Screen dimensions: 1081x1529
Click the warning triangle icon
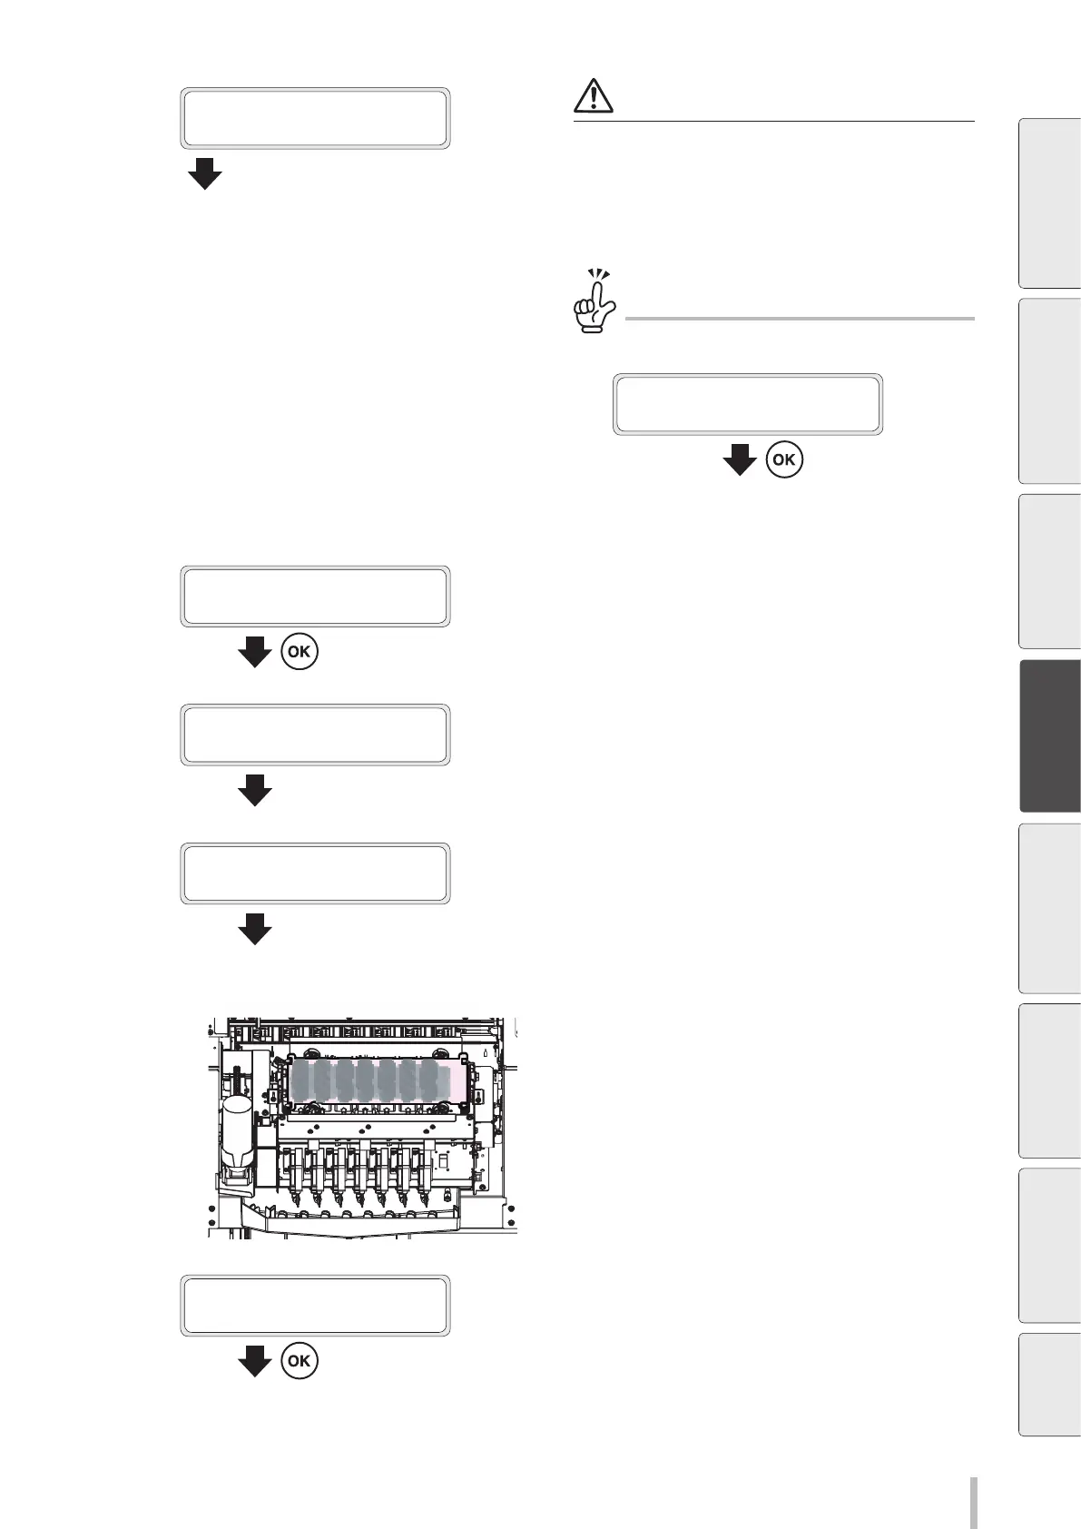click(x=595, y=95)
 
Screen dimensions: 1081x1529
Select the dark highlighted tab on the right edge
click(x=1050, y=735)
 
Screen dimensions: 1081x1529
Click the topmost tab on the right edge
click(x=1050, y=203)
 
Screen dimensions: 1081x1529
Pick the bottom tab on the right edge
click(x=1050, y=1384)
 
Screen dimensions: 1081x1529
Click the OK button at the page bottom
click(x=300, y=1361)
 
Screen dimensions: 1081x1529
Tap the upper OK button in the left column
click(x=300, y=652)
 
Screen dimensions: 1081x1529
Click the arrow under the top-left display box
click(x=205, y=173)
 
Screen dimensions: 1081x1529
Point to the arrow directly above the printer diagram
click(x=255, y=928)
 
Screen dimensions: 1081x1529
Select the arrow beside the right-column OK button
click(x=740, y=459)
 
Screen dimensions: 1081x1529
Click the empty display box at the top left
click(x=315, y=118)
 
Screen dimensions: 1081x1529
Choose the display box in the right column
click(x=747, y=404)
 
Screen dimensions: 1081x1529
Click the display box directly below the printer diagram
click(x=315, y=1306)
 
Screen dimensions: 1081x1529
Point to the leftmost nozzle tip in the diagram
click(x=296, y=1200)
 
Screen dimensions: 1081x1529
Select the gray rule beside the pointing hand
click(x=799, y=319)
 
